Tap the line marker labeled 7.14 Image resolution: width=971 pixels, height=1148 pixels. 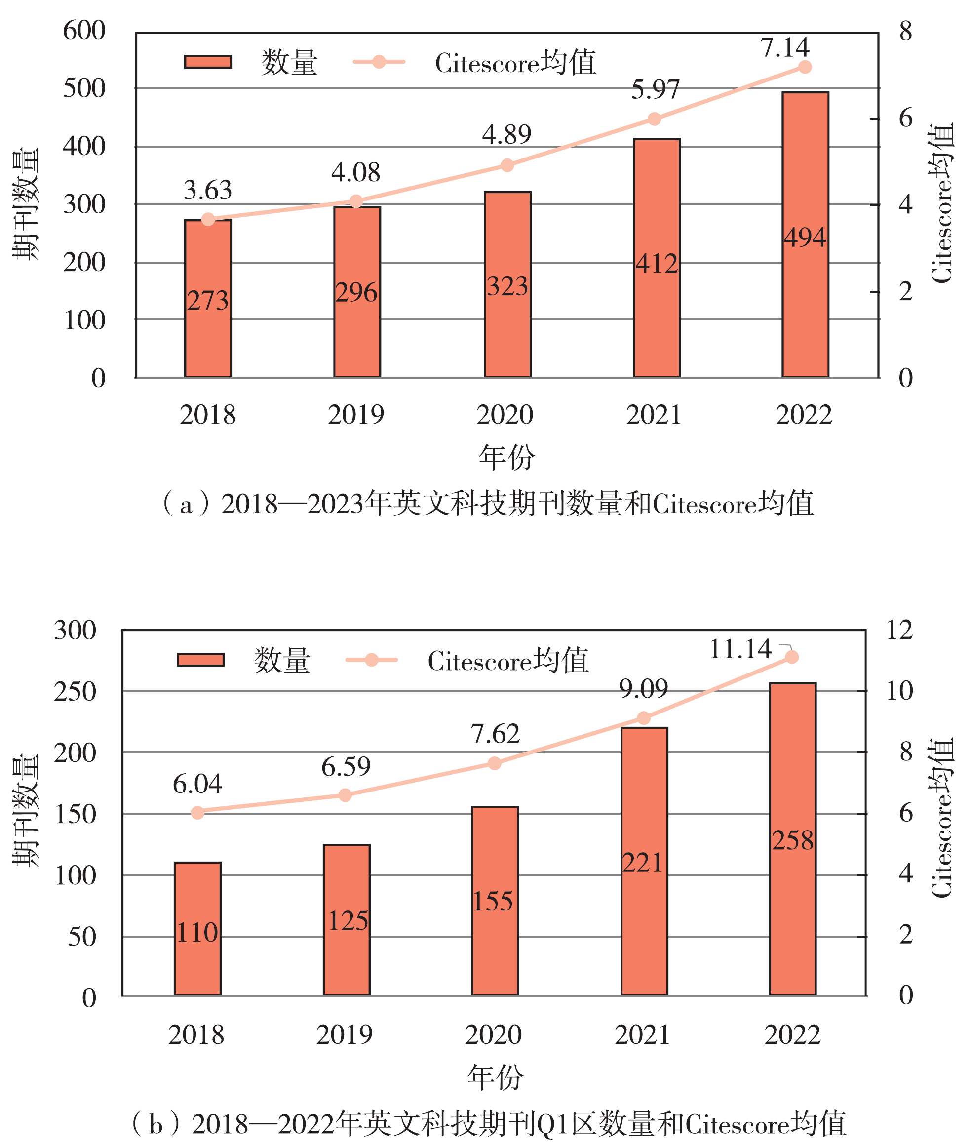click(x=804, y=67)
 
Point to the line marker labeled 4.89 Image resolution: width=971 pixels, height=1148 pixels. click(x=507, y=165)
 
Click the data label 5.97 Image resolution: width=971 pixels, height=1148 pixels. click(x=655, y=90)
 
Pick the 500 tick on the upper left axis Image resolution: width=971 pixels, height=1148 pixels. click(x=84, y=88)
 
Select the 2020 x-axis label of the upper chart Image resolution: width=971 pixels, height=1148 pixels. click(x=505, y=415)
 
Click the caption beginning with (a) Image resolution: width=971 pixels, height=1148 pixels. click(x=487, y=503)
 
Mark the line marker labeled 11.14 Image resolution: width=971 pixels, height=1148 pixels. click(x=791, y=657)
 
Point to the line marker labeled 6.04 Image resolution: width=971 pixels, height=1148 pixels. click(x=197, y=813)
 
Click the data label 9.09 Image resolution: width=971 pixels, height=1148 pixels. click(x=643, y=689)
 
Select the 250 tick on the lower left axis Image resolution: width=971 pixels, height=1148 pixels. click(x=75, y=692)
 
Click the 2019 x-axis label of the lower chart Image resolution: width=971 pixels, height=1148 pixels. click(x=345, y=1034)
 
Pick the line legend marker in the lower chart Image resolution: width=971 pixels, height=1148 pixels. click(x=371, y=660)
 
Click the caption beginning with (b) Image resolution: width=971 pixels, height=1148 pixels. click(x=487, y=1123)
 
